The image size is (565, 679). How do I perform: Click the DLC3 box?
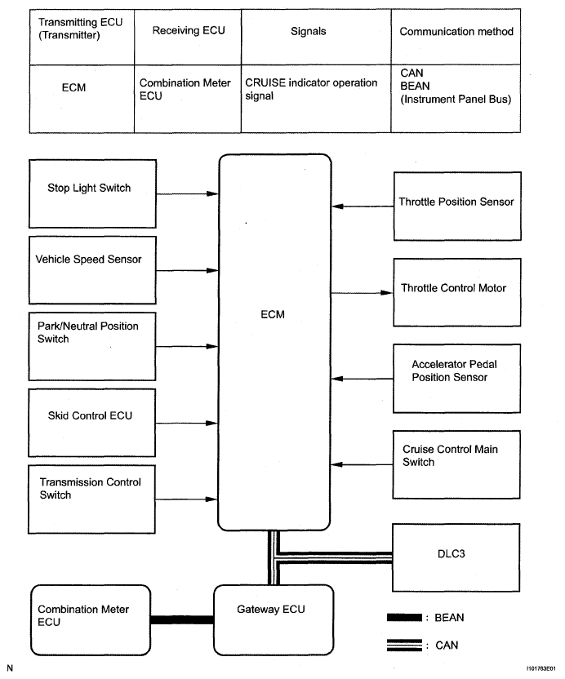(x=456, y=558)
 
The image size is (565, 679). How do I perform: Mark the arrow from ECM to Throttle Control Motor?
(x=363, y=291)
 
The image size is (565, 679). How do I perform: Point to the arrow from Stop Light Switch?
(x=186, y=193)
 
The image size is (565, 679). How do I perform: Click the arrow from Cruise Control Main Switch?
(x=363, y=464)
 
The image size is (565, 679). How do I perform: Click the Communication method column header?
(x=456, y=32)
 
